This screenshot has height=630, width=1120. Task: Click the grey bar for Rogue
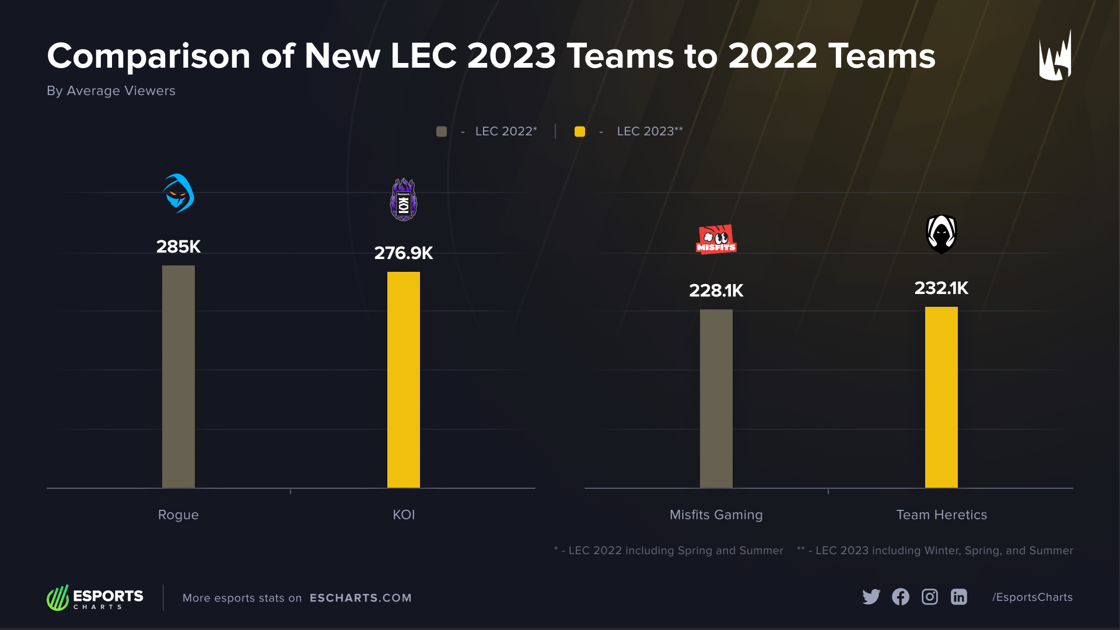point(178,376)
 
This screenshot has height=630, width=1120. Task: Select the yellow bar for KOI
point(403,379)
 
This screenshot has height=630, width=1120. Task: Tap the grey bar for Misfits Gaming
point(716,398)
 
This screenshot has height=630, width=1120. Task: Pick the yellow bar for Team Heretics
point(941,397)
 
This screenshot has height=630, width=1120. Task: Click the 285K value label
point(178,247)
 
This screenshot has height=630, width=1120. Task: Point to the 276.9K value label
point(403,253)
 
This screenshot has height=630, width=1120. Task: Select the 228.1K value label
point(716,290)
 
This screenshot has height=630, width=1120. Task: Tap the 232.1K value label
point(941,288)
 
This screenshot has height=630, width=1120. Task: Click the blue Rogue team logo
point(178,193)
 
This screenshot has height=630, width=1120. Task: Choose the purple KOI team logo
point(403,199)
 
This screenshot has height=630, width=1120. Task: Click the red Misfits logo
point(716,239)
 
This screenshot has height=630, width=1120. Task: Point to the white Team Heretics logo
point(941,234)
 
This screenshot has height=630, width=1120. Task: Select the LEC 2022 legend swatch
point(442,132)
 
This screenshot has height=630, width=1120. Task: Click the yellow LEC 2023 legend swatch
point(579,132)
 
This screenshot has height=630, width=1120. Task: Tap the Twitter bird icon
point(871,597)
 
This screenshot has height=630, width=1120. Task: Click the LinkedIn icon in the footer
point(958,597)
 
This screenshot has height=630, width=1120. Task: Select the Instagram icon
point(929,597)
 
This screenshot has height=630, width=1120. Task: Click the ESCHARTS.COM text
point(360,598)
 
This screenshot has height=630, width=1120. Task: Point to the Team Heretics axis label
point(941,514)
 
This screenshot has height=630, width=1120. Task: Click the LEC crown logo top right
point(1055,57)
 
